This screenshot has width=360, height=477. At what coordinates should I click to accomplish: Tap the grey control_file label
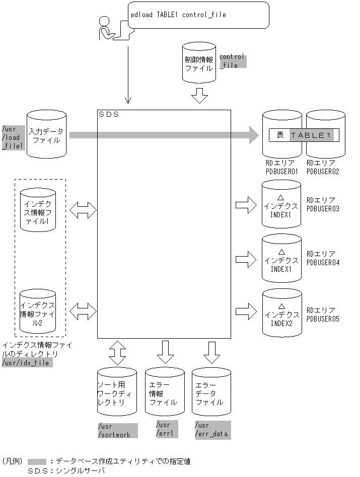(232, 61)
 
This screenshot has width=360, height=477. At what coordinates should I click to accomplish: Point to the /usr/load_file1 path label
(13, 137)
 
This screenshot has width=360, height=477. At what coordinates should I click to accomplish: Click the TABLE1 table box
(304, 135)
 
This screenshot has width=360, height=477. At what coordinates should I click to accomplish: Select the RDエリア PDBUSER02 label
(323, 168)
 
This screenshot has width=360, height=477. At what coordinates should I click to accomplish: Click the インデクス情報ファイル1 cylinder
(38, 211)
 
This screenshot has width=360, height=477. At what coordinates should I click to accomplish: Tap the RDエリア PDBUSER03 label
(323, 204)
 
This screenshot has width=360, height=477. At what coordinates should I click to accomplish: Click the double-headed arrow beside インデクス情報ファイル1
(83, 210)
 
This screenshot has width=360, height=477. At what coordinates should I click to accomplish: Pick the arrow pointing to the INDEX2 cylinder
(246, 307)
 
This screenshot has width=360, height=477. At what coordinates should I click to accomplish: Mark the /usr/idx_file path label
(27, 362)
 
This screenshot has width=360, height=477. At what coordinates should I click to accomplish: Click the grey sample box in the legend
(37, 461)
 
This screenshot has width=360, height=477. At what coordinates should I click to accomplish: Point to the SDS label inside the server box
(108, 115)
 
